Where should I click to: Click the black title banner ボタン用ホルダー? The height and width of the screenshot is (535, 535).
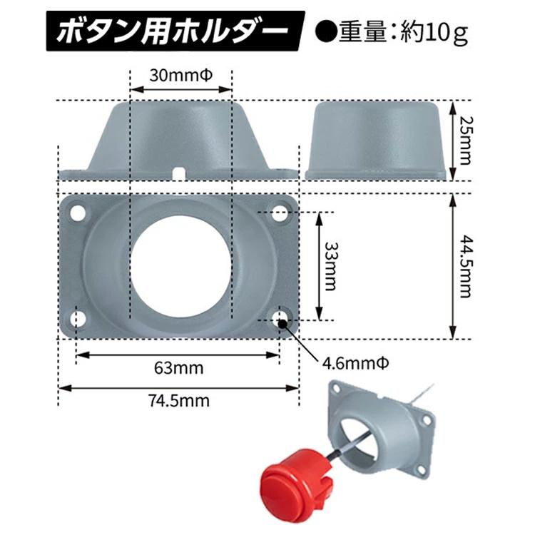[175, 31]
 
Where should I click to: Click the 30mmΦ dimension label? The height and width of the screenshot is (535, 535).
[181, 76]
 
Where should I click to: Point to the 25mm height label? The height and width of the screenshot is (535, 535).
[465, 141]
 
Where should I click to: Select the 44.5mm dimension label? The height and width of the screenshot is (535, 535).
[465, 266]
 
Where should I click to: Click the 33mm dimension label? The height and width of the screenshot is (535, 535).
[330, 266]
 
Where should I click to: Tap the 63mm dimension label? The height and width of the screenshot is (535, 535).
[179, 368]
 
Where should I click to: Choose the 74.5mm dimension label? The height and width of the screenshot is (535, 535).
[179, 400]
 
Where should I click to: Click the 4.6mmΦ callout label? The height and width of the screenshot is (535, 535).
[355, 364]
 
